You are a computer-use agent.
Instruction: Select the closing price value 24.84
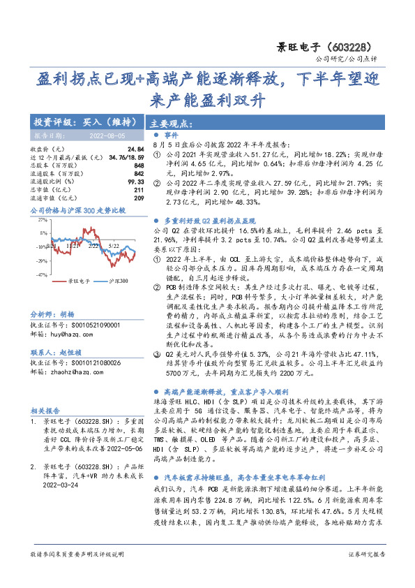tap(136, 150)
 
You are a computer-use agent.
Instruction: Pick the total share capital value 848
tap(139, 166)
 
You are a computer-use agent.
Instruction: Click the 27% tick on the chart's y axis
tap(42, 219)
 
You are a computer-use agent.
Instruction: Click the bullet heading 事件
tap(171, 134)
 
